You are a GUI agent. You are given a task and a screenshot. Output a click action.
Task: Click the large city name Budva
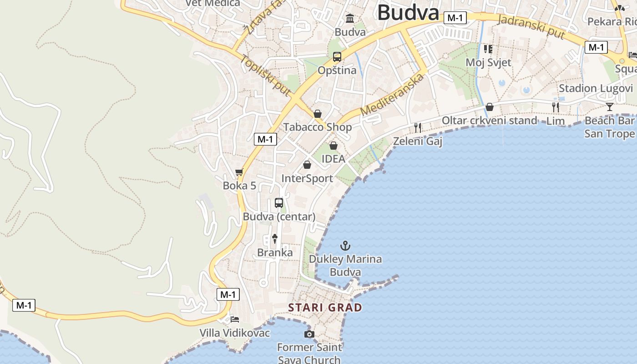pos(408,13)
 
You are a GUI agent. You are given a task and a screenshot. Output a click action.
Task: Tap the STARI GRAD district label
pos(325,308)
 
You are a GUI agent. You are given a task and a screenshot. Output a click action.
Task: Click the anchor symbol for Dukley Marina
pos(345,246)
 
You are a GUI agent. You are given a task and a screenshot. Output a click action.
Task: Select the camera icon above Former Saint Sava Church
pos(309,334)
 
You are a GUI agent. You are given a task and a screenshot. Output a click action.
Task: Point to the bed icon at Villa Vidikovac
pos(235,319)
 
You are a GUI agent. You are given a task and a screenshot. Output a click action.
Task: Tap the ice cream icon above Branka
pos(275,238)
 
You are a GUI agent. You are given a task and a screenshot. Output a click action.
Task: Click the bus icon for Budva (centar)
pos(279,203)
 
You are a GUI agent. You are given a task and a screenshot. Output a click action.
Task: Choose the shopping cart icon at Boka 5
pos(239,172)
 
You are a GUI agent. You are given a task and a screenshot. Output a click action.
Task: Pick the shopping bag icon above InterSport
pos(307,165)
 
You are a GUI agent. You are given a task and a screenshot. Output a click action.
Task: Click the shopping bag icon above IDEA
pos(334,146)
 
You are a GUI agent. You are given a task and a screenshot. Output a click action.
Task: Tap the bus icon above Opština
pos(337,57)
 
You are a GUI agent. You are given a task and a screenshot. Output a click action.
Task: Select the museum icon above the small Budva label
pos(350,18)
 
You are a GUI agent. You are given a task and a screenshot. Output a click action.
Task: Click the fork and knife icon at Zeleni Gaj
pos(418,128)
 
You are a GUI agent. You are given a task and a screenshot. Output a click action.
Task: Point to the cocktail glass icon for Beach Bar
pos(610,107)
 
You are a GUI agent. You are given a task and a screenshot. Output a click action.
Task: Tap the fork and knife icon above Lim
pos(556,107)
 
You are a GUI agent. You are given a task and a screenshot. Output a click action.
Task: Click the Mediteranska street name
pos(392,95)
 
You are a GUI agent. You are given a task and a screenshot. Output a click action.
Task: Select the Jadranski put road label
pos(531,27)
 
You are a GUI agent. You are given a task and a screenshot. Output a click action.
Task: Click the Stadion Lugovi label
pos(596,88)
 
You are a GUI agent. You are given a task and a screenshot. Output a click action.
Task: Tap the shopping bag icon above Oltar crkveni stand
pos(490,107)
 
